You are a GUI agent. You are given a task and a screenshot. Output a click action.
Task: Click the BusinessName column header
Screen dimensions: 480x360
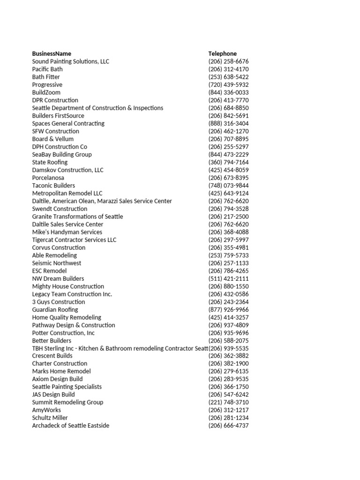tap(52, 53)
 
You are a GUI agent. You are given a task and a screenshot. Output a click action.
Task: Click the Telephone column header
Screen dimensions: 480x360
tap(223, 53)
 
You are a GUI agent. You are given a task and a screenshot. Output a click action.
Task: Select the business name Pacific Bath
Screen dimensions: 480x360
tap(47, 69)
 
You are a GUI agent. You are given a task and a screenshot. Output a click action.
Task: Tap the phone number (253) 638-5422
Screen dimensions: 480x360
tap(228, 77)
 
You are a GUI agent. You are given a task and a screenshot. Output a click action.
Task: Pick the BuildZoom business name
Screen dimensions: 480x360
tap(46, 92)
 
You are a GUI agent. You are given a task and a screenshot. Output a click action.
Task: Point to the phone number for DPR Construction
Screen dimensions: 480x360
tap(228, 100)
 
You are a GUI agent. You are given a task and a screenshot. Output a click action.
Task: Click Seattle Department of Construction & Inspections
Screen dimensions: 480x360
tap(97, 108)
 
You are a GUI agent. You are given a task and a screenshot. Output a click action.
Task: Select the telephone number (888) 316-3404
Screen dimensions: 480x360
tap(228, 123)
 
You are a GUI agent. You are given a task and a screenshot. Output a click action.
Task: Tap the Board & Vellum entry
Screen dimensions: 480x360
tap(52, 139)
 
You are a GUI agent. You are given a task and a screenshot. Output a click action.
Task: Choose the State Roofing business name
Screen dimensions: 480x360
tap(50, 162)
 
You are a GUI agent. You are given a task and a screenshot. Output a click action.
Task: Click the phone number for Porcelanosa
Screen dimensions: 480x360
tap(228, 178)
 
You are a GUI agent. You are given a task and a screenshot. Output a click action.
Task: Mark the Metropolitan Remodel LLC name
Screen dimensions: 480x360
tap(67, 193)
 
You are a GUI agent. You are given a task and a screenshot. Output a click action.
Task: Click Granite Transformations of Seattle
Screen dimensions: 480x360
tap(77, 217)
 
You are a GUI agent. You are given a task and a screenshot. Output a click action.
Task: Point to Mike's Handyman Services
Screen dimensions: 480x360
tap(67, 232)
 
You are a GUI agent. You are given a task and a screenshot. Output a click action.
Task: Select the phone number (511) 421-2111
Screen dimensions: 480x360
tap(228, 278)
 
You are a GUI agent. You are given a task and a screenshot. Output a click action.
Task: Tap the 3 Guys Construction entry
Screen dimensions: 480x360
tap(59, 302)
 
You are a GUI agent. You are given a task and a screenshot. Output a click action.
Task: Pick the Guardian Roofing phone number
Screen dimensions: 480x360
tap(228, 309)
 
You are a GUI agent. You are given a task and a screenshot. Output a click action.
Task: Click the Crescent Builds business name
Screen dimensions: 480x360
tap(52, 356)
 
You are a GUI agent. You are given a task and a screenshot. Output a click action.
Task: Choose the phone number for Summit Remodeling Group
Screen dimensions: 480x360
tap(228, 402)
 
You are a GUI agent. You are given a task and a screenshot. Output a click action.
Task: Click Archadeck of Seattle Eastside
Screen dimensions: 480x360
tap(70, 426)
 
